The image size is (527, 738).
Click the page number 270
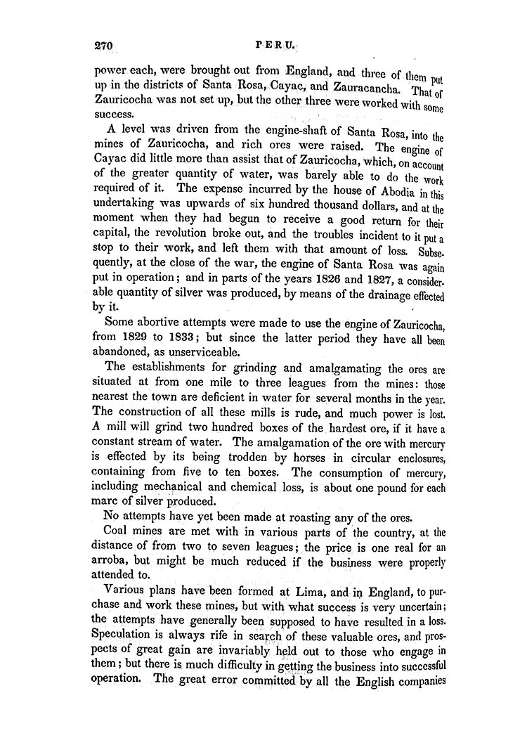(x=103, y=46)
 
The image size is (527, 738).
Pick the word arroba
(x=112, y=564)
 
